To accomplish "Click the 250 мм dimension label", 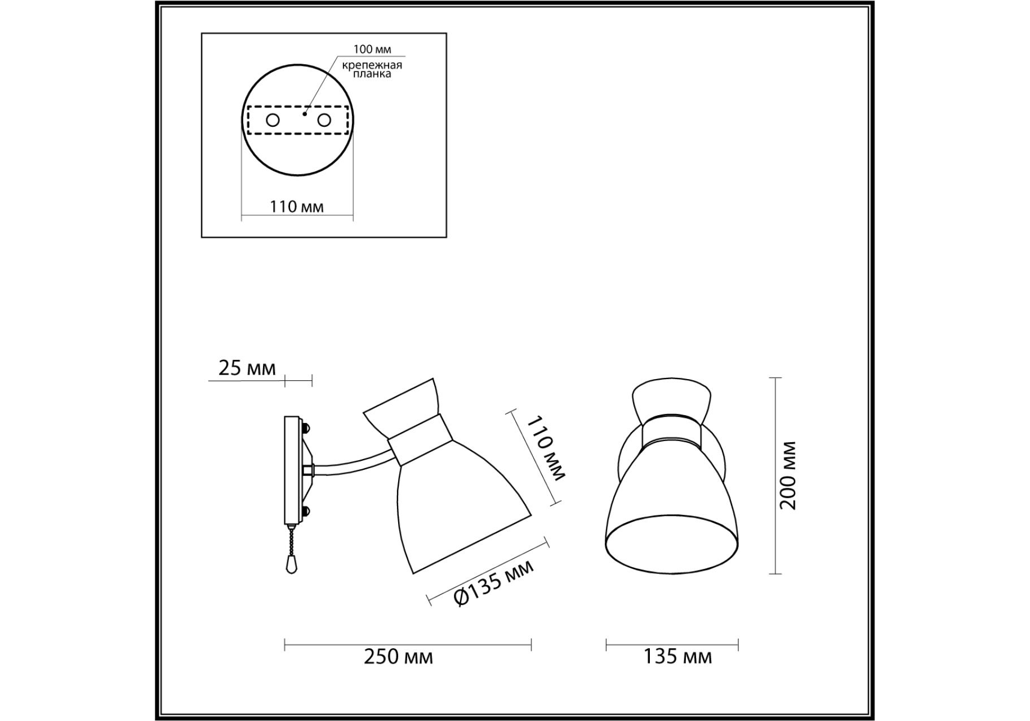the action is coord(399,657).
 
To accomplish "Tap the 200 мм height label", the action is coord(788,475).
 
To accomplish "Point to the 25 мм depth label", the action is coord(247,368).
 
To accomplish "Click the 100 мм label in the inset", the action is coord(372,50).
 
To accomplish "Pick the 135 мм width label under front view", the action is coord(677,657).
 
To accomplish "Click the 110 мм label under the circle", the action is coord(297,207).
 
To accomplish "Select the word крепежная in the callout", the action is coord(372,65).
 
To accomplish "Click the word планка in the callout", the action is coord(372,74).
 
